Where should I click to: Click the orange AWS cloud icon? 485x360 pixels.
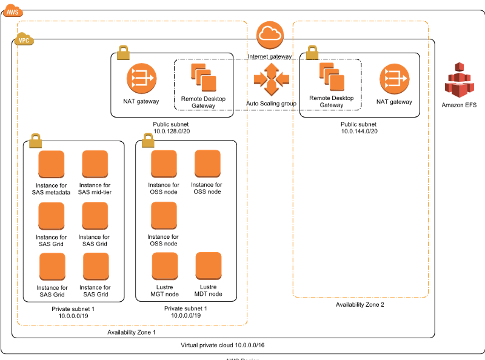click(x=13, y=10)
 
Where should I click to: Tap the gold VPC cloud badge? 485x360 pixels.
click(x=24, y=39)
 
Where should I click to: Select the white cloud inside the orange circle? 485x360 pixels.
click(x=270, y=35)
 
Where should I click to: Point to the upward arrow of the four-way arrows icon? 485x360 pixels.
click(x=271, y=68)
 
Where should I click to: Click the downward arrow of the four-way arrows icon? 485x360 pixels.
click(x=271, y=90)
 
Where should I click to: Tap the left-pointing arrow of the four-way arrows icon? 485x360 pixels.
click(x=260, y=79)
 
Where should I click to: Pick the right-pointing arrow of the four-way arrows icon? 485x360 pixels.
click(x=283, y=79)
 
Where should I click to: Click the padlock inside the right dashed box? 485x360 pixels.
click(x=312, y=52)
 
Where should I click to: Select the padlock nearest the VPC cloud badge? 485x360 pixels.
click(x=123, y=52)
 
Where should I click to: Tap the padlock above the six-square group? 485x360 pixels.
click(x=35, y=141)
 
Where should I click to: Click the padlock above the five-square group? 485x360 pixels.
click(x=148, y=140)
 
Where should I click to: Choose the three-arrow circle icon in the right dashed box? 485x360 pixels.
click(x=394, y=79)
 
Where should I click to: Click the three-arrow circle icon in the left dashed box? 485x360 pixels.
click(x=141, y=78)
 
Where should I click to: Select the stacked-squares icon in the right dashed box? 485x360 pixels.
click(x=332, y=77)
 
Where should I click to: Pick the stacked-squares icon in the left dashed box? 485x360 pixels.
click(x=204, y=78)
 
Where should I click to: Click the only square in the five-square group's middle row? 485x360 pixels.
click(x=164, y=215)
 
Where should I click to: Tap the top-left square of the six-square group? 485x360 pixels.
click(x=52, y=164)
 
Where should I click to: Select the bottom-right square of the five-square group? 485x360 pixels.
click(x=209, y=265)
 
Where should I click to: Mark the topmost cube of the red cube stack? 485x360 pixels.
click(x=460, y=67)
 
